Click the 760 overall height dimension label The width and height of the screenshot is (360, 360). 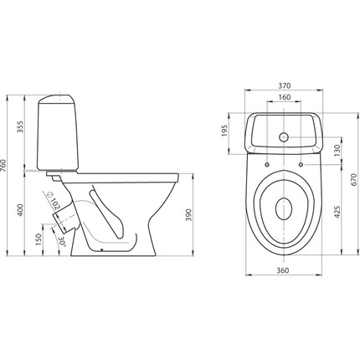tap(3, 166)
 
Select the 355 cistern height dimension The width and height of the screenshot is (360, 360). tap(21, 126)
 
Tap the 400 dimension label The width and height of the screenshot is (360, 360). tap(21, 210)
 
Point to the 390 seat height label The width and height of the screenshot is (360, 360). tap(189, 214)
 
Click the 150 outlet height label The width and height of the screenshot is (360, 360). tap(39, 239)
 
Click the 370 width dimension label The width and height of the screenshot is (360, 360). tap(284, 85)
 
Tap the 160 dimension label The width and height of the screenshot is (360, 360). tap(284, 97)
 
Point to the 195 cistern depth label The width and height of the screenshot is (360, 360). tap(224, 131)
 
